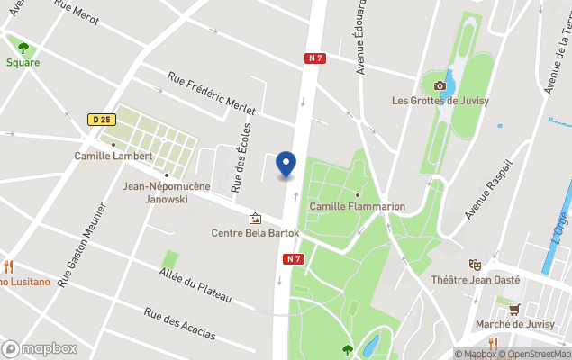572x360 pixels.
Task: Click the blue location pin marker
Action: [286, 165]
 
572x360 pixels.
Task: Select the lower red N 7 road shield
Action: [291, 259]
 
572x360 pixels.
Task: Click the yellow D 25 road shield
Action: [100, 119]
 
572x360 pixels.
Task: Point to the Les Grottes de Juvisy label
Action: [440, 101]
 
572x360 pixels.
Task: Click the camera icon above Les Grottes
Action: [440, 85]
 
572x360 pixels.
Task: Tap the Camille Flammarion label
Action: [357, 207]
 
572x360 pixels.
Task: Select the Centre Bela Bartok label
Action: [255, 232]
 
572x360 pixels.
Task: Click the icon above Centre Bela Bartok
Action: [255, 218]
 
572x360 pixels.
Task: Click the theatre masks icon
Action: [475, 265]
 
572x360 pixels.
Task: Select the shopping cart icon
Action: [513, 310]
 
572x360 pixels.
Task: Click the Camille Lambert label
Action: [113, 156]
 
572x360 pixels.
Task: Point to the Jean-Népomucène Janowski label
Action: [167, 193]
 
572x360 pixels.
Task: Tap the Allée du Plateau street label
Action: [195, 285]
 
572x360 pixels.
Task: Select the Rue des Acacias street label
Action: [180, 324]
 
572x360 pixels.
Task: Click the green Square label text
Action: [23, 63]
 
